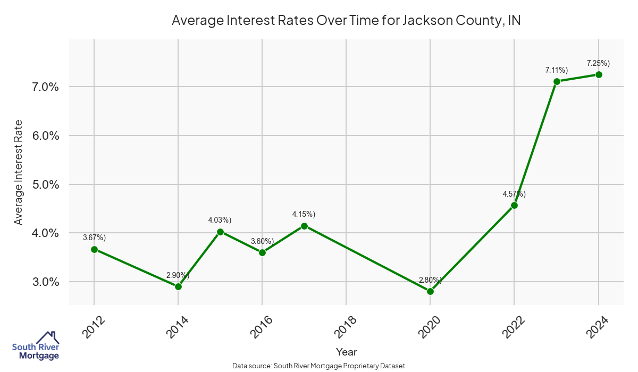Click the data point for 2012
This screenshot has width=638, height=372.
click(94, 249)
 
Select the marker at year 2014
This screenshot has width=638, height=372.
click(178, 286)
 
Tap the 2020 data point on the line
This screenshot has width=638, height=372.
click(430, 291)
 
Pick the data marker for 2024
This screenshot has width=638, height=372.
click(599, 74)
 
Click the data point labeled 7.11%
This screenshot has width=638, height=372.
click(557, 81)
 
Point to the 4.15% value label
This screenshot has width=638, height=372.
click(304, 214)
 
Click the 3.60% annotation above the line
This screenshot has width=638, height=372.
click(262, 241)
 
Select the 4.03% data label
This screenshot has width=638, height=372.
click(220, 220)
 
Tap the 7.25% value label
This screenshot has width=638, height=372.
click(598, 63)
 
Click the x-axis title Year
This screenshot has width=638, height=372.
click(347, 352)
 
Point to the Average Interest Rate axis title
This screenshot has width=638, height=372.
click(19, 172)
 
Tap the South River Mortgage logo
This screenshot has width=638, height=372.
click(36, 346)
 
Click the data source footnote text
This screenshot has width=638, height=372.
click(319, 366)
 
